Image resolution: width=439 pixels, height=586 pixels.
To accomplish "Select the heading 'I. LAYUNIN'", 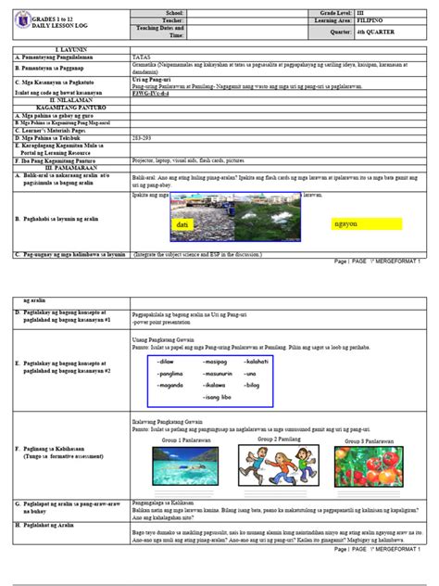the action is (70, 48).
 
